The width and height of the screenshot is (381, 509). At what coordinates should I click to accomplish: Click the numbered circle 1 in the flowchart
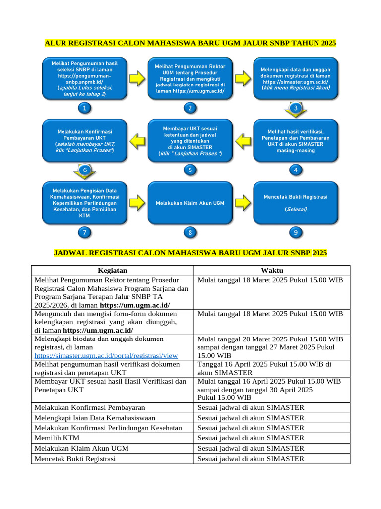pos(85,108)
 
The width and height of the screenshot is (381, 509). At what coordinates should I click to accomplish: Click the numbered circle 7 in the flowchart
pos(85,232)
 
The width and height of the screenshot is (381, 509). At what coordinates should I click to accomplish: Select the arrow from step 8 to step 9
pos(243,203)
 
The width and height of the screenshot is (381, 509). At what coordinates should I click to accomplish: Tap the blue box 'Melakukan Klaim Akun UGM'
pos(190,203)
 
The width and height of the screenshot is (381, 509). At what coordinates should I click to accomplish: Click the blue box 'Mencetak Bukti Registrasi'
pos(296,203)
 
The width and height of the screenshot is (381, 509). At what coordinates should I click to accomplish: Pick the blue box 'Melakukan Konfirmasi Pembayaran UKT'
pos(85,141)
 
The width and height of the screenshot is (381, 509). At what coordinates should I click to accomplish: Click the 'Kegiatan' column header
pos(113,270)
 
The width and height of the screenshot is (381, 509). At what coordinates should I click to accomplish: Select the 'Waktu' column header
pos(272,270)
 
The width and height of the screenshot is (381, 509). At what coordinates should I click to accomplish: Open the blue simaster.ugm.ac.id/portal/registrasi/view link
pos(106,356)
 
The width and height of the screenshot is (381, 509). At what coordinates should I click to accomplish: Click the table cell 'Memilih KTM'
pos(57,438)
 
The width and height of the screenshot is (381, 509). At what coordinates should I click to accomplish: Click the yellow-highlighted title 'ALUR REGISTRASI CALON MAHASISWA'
pos(190,43)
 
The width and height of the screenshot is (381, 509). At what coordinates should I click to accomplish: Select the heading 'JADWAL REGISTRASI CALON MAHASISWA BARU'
pos(190,253)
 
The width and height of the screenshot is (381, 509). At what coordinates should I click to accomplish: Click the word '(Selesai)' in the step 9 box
pos(296,209)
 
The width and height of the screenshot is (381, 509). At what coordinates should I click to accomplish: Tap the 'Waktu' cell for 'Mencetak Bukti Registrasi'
pos(251,459)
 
